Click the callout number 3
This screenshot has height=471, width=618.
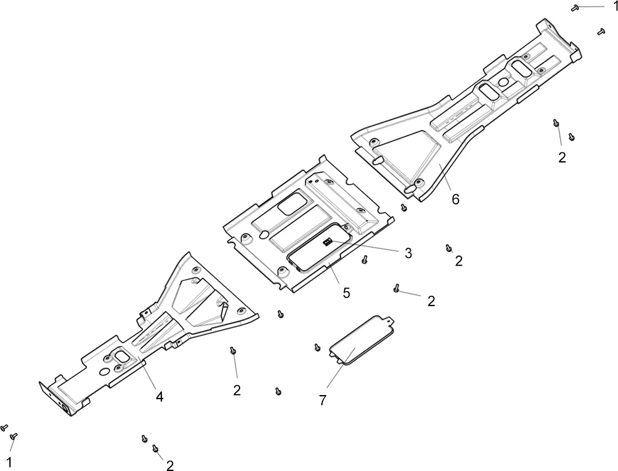coord(408,253)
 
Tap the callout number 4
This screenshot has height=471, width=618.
coord(160,396)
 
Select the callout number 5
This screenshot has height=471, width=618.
coord(346,293)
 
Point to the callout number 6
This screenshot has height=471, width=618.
coord(455,199)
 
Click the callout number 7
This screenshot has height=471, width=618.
coord(323,400)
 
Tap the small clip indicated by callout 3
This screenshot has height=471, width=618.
coord(327,241)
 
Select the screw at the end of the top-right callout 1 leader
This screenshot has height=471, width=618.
coord(575,8)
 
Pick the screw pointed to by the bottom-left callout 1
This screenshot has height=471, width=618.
coord(14,436)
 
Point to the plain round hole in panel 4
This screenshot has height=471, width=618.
coord(104,372)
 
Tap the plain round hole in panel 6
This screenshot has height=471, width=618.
coord(503,82)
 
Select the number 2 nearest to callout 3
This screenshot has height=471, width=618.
coord(458,261)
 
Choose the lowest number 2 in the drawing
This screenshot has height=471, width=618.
coord(170,466)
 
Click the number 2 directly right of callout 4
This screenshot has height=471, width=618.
coord(237,390)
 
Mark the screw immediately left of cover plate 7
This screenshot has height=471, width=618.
coord(317,347)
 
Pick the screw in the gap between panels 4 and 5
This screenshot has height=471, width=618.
coord(280,314)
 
